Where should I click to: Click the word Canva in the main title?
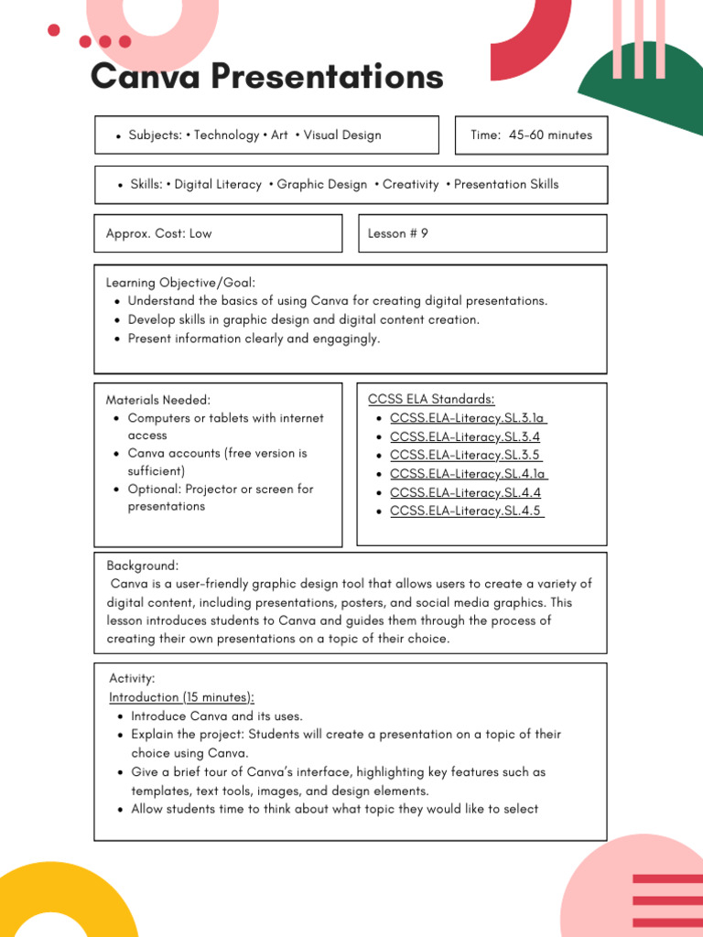(146, 77)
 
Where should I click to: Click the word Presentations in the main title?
(328, 77)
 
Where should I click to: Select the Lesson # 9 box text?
(398, 233)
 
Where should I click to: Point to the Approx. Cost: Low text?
(159, 233)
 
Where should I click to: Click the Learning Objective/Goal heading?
(181, 283)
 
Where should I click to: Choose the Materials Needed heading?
(158, 400)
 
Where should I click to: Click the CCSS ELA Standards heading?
(431, 399)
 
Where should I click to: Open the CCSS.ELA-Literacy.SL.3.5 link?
(465, 455)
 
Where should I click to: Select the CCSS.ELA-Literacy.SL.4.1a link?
(468, 473)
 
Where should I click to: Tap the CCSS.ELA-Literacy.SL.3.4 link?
(465, 436)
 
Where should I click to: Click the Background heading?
(143, 565)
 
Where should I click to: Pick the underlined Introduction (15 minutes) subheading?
(182, 697)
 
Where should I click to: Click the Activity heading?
(133, 678)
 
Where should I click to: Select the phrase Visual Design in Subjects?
(342, 135)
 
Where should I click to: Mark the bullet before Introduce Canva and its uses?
(121, 716)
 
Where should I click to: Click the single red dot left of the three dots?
(54, 31)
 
